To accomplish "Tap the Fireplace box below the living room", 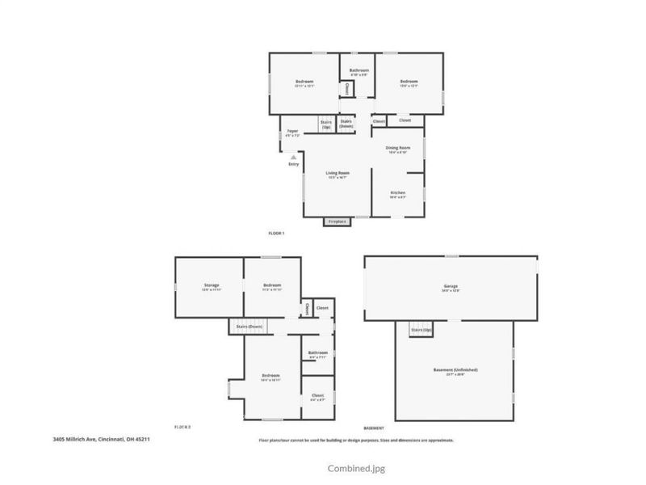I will (x=336, y=221).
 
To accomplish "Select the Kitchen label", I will (x=397, y=192).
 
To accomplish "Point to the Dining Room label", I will (x=398, y=148).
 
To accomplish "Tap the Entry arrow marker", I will (x=293, y=158).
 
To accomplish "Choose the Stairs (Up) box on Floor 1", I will (x=326, y=125).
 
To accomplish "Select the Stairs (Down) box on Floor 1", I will (x=346, y=124).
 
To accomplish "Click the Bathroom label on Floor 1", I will (x=359, y=71).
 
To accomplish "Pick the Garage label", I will (x=450, y=287).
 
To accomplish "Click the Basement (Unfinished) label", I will (x=455, y=370).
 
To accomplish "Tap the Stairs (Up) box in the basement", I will (x=421, y=331).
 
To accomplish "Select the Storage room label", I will (x=211, y=285).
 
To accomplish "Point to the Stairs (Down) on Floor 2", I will (x=250, y=326).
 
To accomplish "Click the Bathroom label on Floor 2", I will (x=317, y=352).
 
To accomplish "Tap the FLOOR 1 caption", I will (x=276, y=233).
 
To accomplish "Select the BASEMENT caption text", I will (x=374, y=428).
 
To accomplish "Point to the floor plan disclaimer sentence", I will (x=355, y=440).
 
